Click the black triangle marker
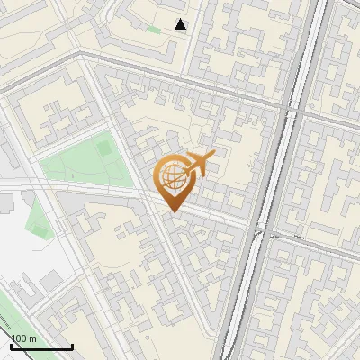181,24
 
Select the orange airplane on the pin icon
199,163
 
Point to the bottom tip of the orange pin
174,212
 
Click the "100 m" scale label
24,338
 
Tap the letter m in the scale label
33,338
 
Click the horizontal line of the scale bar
41,347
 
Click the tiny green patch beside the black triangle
154,30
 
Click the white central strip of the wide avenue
270,180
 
